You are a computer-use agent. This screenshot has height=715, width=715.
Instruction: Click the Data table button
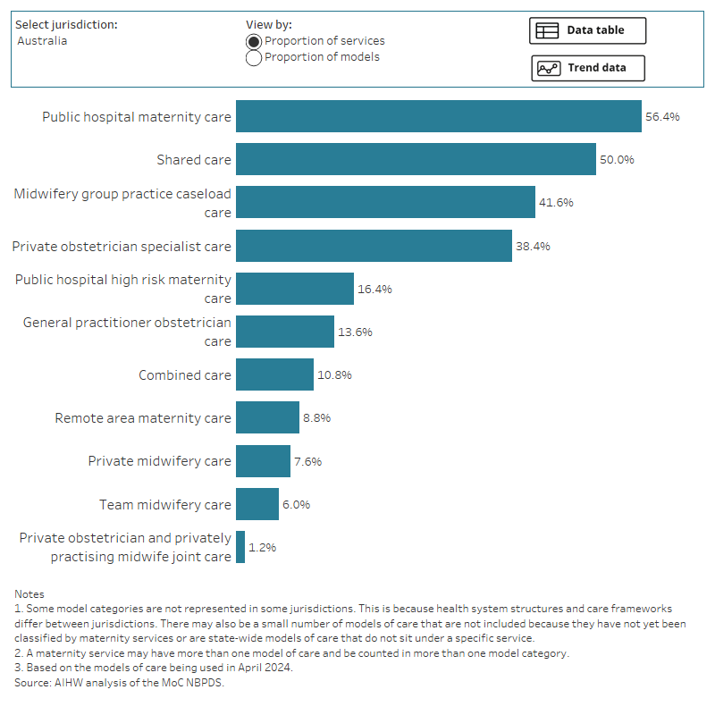point(587,30)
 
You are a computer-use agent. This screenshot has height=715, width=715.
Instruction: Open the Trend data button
point(587,68)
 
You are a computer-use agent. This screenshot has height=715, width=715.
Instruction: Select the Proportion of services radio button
point(254,41)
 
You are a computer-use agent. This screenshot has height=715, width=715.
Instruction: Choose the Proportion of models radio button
point(254,58)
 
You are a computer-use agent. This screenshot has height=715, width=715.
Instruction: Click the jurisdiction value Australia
point(42,41)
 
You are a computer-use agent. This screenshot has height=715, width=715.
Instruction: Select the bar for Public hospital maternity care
point(438,116)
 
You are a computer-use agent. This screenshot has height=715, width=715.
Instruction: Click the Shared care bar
point(416,159)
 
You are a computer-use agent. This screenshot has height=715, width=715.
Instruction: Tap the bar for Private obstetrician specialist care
point(374,246)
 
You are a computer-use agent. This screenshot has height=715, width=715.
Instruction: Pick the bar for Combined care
point(274,374)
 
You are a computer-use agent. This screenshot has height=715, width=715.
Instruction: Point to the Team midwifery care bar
point(257,504)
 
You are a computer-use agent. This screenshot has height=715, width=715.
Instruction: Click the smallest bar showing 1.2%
point(240,547)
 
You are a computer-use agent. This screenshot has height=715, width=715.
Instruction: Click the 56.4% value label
point(662,117)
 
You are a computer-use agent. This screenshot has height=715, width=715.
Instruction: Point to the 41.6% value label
point(556,203)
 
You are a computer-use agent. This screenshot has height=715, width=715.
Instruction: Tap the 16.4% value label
point(375,289)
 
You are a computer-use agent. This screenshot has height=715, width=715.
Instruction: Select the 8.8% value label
point(321,418)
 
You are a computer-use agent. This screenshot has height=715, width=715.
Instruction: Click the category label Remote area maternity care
point(143,418)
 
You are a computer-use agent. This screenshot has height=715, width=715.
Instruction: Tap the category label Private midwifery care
point(159,461)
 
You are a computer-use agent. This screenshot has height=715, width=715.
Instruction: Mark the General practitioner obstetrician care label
point(127,332)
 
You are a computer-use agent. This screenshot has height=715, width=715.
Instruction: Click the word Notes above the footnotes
point(29,594)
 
